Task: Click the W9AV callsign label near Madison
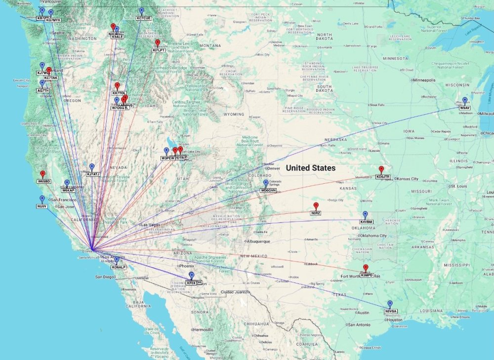coord(465,108)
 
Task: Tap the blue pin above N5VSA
coord(390,304)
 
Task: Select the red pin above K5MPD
coord(366,268)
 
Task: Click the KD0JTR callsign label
coord(383,176)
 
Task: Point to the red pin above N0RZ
coord(316,205)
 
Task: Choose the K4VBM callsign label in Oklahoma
coord(366,222)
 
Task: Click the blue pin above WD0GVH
coord(266,183)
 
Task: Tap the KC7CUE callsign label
coord(143,18)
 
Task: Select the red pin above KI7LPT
coord(158,43)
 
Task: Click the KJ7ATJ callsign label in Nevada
coord(93,174)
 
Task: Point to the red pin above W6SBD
coord(42,174)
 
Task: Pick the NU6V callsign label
coord(41,206)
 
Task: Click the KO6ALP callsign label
coord(119,267)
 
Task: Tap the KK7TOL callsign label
coord(119,93)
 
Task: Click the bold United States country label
coord(311,168)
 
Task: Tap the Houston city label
coord(395,320)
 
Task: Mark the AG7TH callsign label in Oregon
coord(43,90)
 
